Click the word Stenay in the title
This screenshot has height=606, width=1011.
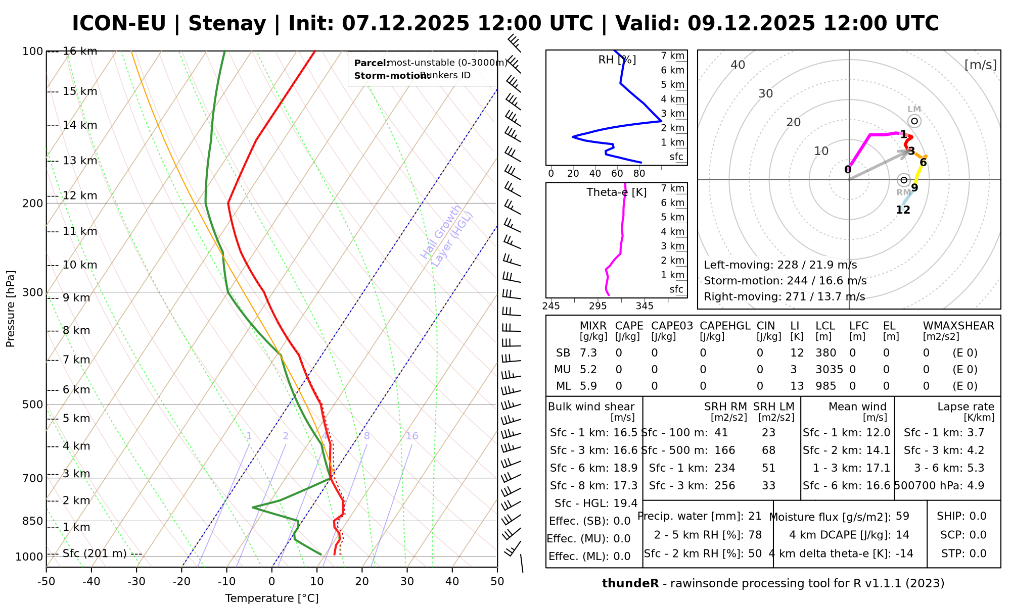(227, 24)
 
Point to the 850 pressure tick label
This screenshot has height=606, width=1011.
(33, 521)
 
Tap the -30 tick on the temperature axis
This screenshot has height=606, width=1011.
(136, 582)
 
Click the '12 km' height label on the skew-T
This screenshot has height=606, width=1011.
(80, 196)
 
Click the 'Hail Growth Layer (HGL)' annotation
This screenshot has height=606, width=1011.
(446, 237)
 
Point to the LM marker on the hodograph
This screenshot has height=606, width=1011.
(914, 121)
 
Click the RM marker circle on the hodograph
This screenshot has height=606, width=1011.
(904, 180)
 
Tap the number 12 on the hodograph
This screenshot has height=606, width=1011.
(903, 210)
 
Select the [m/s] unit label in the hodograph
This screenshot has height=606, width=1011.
(980, 65)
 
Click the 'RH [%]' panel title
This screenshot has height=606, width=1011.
(617, 60)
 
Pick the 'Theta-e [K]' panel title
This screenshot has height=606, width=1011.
(616, 192)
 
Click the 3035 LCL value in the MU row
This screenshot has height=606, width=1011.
(829, 370)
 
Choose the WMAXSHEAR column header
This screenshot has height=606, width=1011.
(958, 326)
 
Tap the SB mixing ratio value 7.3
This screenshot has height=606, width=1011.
(588, 353)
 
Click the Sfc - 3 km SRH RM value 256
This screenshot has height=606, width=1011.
(725, 486)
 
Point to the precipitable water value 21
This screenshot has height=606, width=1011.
(755, 516)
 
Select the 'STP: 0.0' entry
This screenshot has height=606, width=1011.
(963, 553)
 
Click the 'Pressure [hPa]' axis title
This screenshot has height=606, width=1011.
(11, 309)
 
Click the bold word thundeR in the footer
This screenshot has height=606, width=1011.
(630, 584)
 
